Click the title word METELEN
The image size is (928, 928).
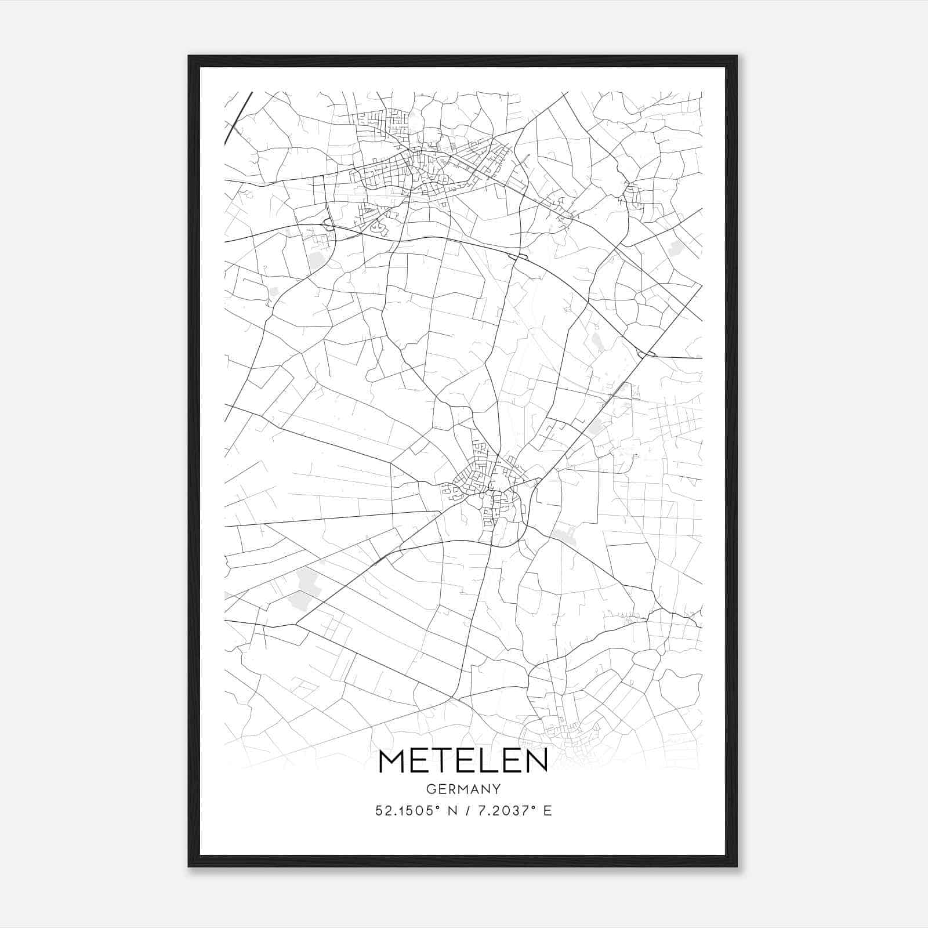coord(463,762)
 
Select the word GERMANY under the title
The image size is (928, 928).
coord(463,789)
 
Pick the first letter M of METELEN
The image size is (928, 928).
coord(392,762)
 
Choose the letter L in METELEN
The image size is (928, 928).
coord(489,762)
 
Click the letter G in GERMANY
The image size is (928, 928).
coord(431,789)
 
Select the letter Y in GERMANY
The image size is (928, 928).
coord(496,789)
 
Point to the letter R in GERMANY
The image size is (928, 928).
coord(452,789)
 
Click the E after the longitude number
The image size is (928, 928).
coord(548,811)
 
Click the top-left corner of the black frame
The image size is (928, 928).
coord(189,56)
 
